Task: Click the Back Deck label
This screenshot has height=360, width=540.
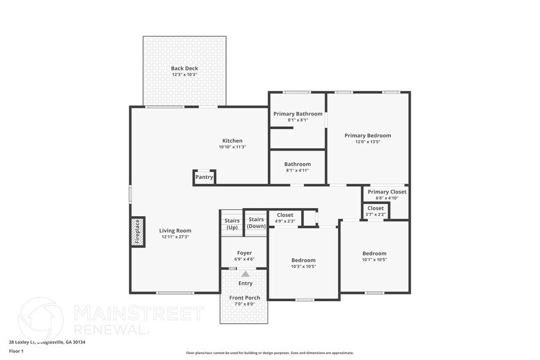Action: point(184,69)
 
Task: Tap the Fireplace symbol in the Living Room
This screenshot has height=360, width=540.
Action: point(137,231)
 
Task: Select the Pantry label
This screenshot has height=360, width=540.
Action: point(204,178)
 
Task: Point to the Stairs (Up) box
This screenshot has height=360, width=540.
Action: point(232,223)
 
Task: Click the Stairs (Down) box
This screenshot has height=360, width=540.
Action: point(256,223)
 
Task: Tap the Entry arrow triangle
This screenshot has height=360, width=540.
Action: point(246,274)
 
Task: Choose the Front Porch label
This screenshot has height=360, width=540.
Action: point(245,298)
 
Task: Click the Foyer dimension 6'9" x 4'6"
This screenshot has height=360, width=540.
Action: point(244,260)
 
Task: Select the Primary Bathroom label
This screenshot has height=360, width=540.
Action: point(298,114)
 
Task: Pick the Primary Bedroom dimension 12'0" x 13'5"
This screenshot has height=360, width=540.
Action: point(367,142)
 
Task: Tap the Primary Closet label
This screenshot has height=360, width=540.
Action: point(387,192)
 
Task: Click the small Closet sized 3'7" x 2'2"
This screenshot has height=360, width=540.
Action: point(375,211)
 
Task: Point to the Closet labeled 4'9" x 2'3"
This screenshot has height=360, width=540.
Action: point(285,218)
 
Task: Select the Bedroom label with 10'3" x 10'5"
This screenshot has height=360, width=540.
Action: point(303,260)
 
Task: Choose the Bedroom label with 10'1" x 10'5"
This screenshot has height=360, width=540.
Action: point(374,253)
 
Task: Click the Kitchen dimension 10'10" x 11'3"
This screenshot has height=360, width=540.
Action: point(232,147)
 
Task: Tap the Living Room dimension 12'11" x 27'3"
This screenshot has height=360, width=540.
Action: point(175,237)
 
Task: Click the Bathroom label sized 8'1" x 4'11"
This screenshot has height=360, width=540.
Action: point(298,164)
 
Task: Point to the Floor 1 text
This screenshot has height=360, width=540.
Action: point(16,351)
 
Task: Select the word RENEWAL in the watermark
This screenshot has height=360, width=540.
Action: point(111,329)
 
